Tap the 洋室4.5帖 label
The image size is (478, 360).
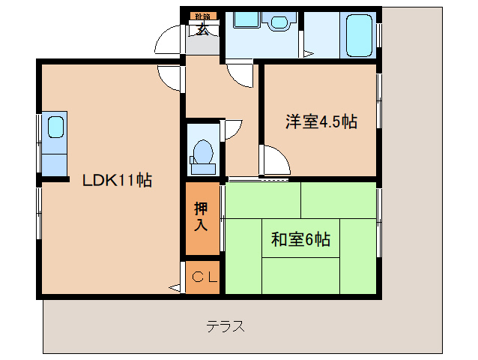coord(320,122)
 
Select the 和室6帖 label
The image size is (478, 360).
coord(300,240)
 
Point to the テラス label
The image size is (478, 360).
coord(226,326)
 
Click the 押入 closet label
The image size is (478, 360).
coord(202,217)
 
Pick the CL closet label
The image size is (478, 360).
coord(202,277)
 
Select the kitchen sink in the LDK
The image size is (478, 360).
coord(55,125)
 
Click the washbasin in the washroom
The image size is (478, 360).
coord(281,22)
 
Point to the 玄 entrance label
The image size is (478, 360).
coord(203,31)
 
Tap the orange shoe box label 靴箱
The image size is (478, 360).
coord(202,16)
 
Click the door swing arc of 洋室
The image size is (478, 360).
coord(271,160)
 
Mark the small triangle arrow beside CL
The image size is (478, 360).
coord(175,286)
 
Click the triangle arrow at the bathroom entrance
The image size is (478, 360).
coord(306,53)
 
